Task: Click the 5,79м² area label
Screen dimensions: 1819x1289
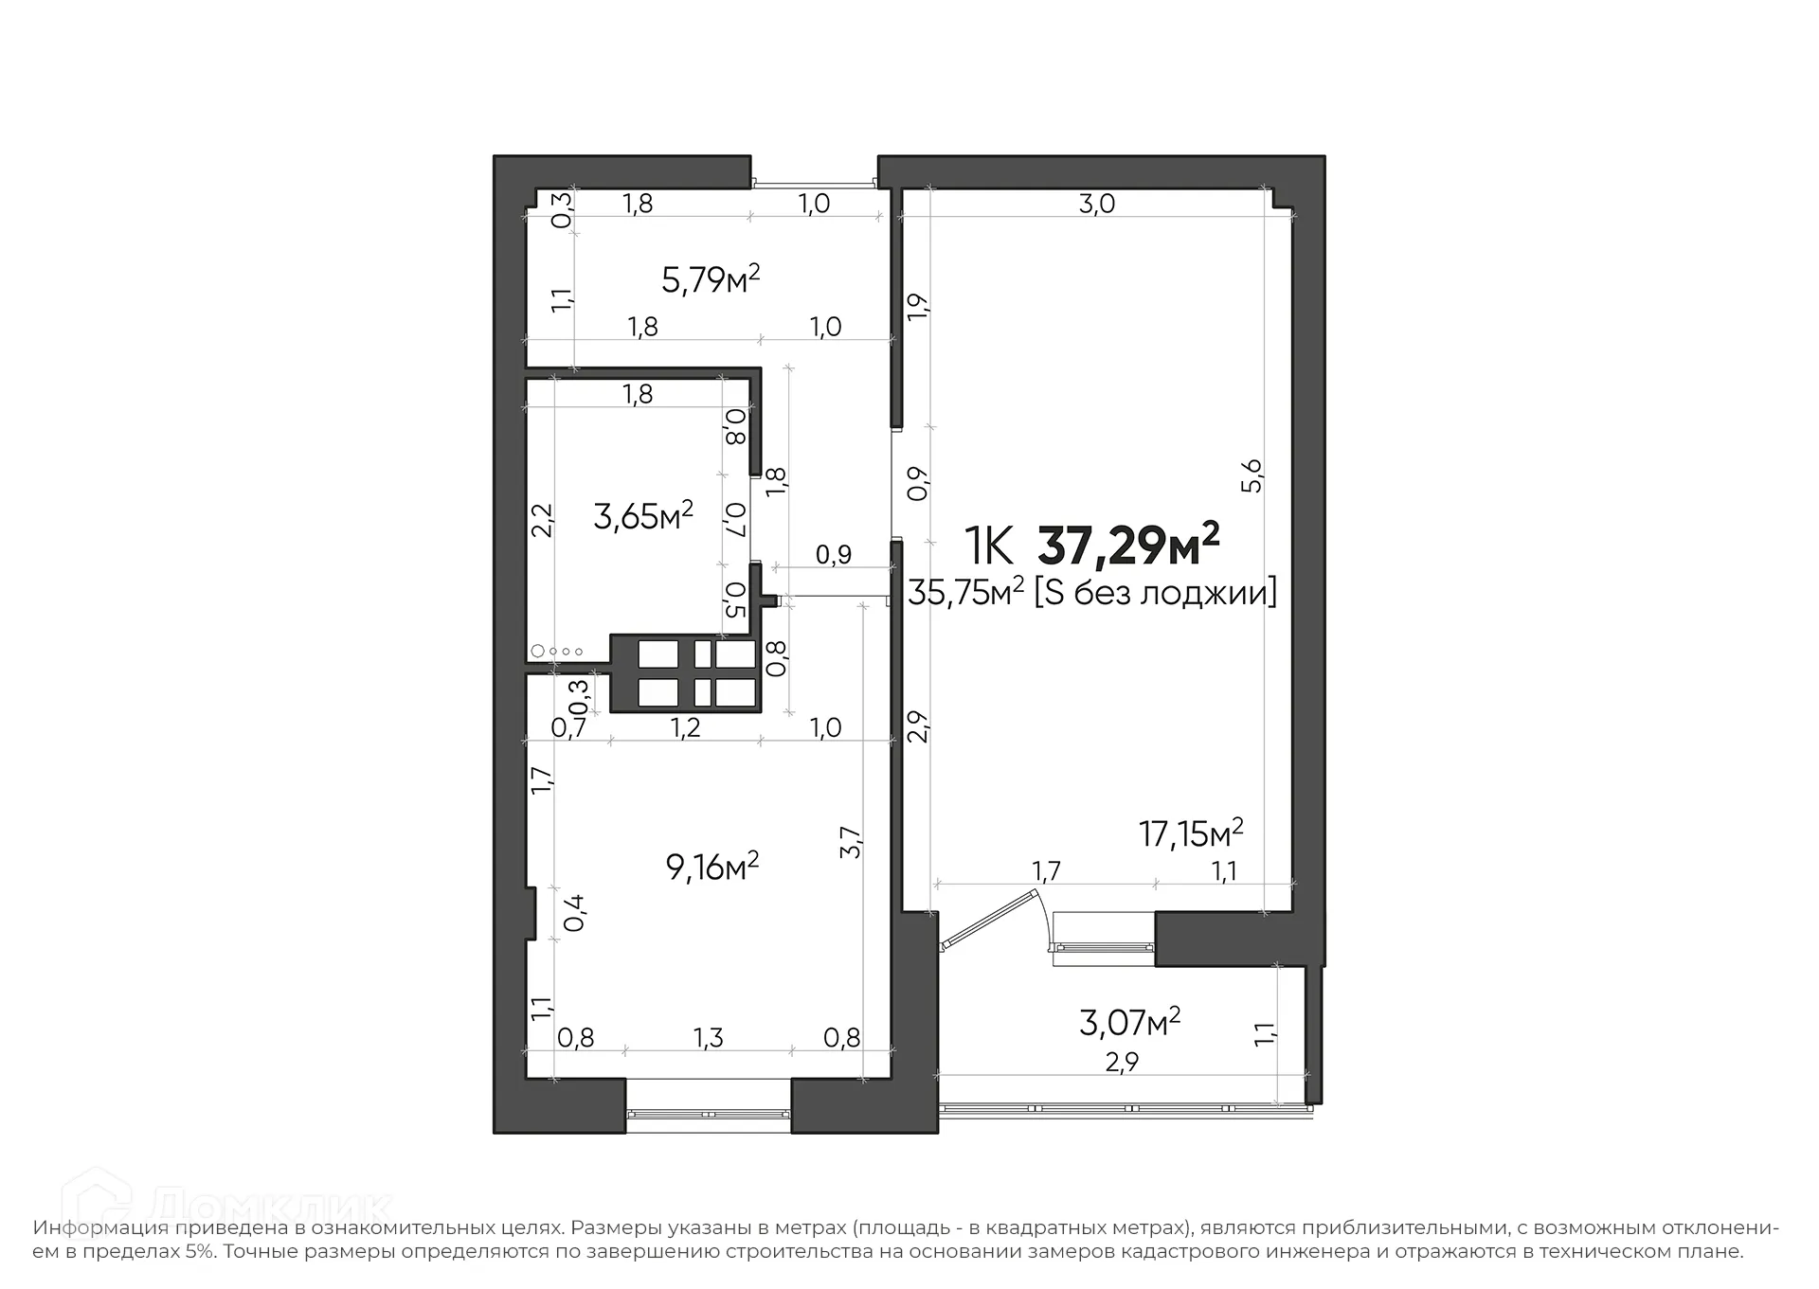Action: coord(711,279)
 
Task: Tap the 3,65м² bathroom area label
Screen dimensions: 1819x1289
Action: coord(643,515)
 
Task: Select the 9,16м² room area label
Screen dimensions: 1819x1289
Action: coord(712,866)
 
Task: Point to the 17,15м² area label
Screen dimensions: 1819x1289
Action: coord(1191,833)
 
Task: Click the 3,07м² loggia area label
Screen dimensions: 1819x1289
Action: coord(1129,1021)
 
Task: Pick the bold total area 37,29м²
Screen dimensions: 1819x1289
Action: coord(1128,544)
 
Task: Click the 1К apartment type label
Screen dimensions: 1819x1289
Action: coord(990,545)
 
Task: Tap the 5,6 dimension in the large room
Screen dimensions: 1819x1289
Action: coord(1252,475)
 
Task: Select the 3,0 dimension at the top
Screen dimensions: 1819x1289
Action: coord(1097,204)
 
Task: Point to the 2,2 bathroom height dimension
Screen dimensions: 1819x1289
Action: coord(541,520)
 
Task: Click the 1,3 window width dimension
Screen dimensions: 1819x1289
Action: coord(708,1038)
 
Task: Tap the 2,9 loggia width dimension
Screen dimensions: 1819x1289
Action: coord(1122,1063)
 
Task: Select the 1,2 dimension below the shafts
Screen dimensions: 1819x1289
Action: coord(685,727)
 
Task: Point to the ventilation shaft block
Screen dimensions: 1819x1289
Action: coord(684,673)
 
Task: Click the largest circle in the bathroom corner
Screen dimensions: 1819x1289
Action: coord(538,651)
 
